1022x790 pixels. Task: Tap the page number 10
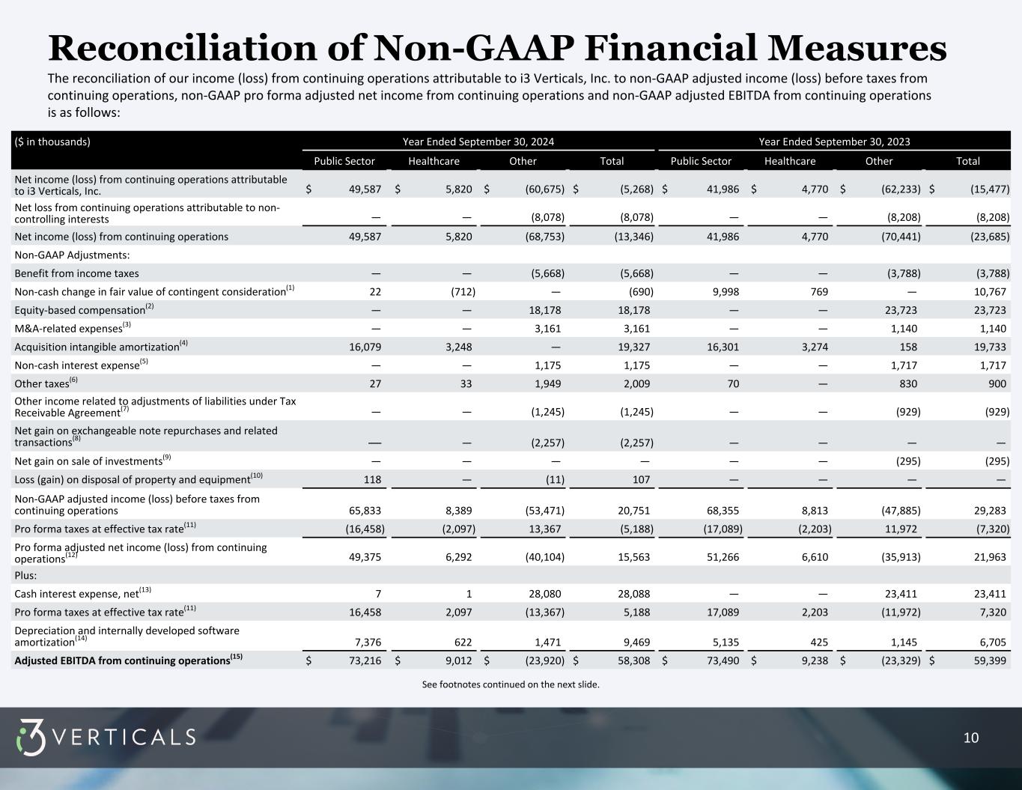[970, 738]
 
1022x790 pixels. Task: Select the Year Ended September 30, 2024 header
[478, 142]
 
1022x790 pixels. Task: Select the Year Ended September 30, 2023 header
[834, 142]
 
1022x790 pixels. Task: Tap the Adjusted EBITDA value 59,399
[990, 660]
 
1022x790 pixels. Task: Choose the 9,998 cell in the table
[723, 291]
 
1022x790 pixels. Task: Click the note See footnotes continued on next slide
[511, 684]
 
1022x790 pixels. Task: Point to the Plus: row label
[25, 575]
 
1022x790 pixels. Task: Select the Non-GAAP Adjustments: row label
[72, 255]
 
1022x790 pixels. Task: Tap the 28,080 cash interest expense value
[544, 594]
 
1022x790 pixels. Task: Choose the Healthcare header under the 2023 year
[790, 161]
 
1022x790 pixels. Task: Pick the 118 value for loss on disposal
[372, 479]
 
